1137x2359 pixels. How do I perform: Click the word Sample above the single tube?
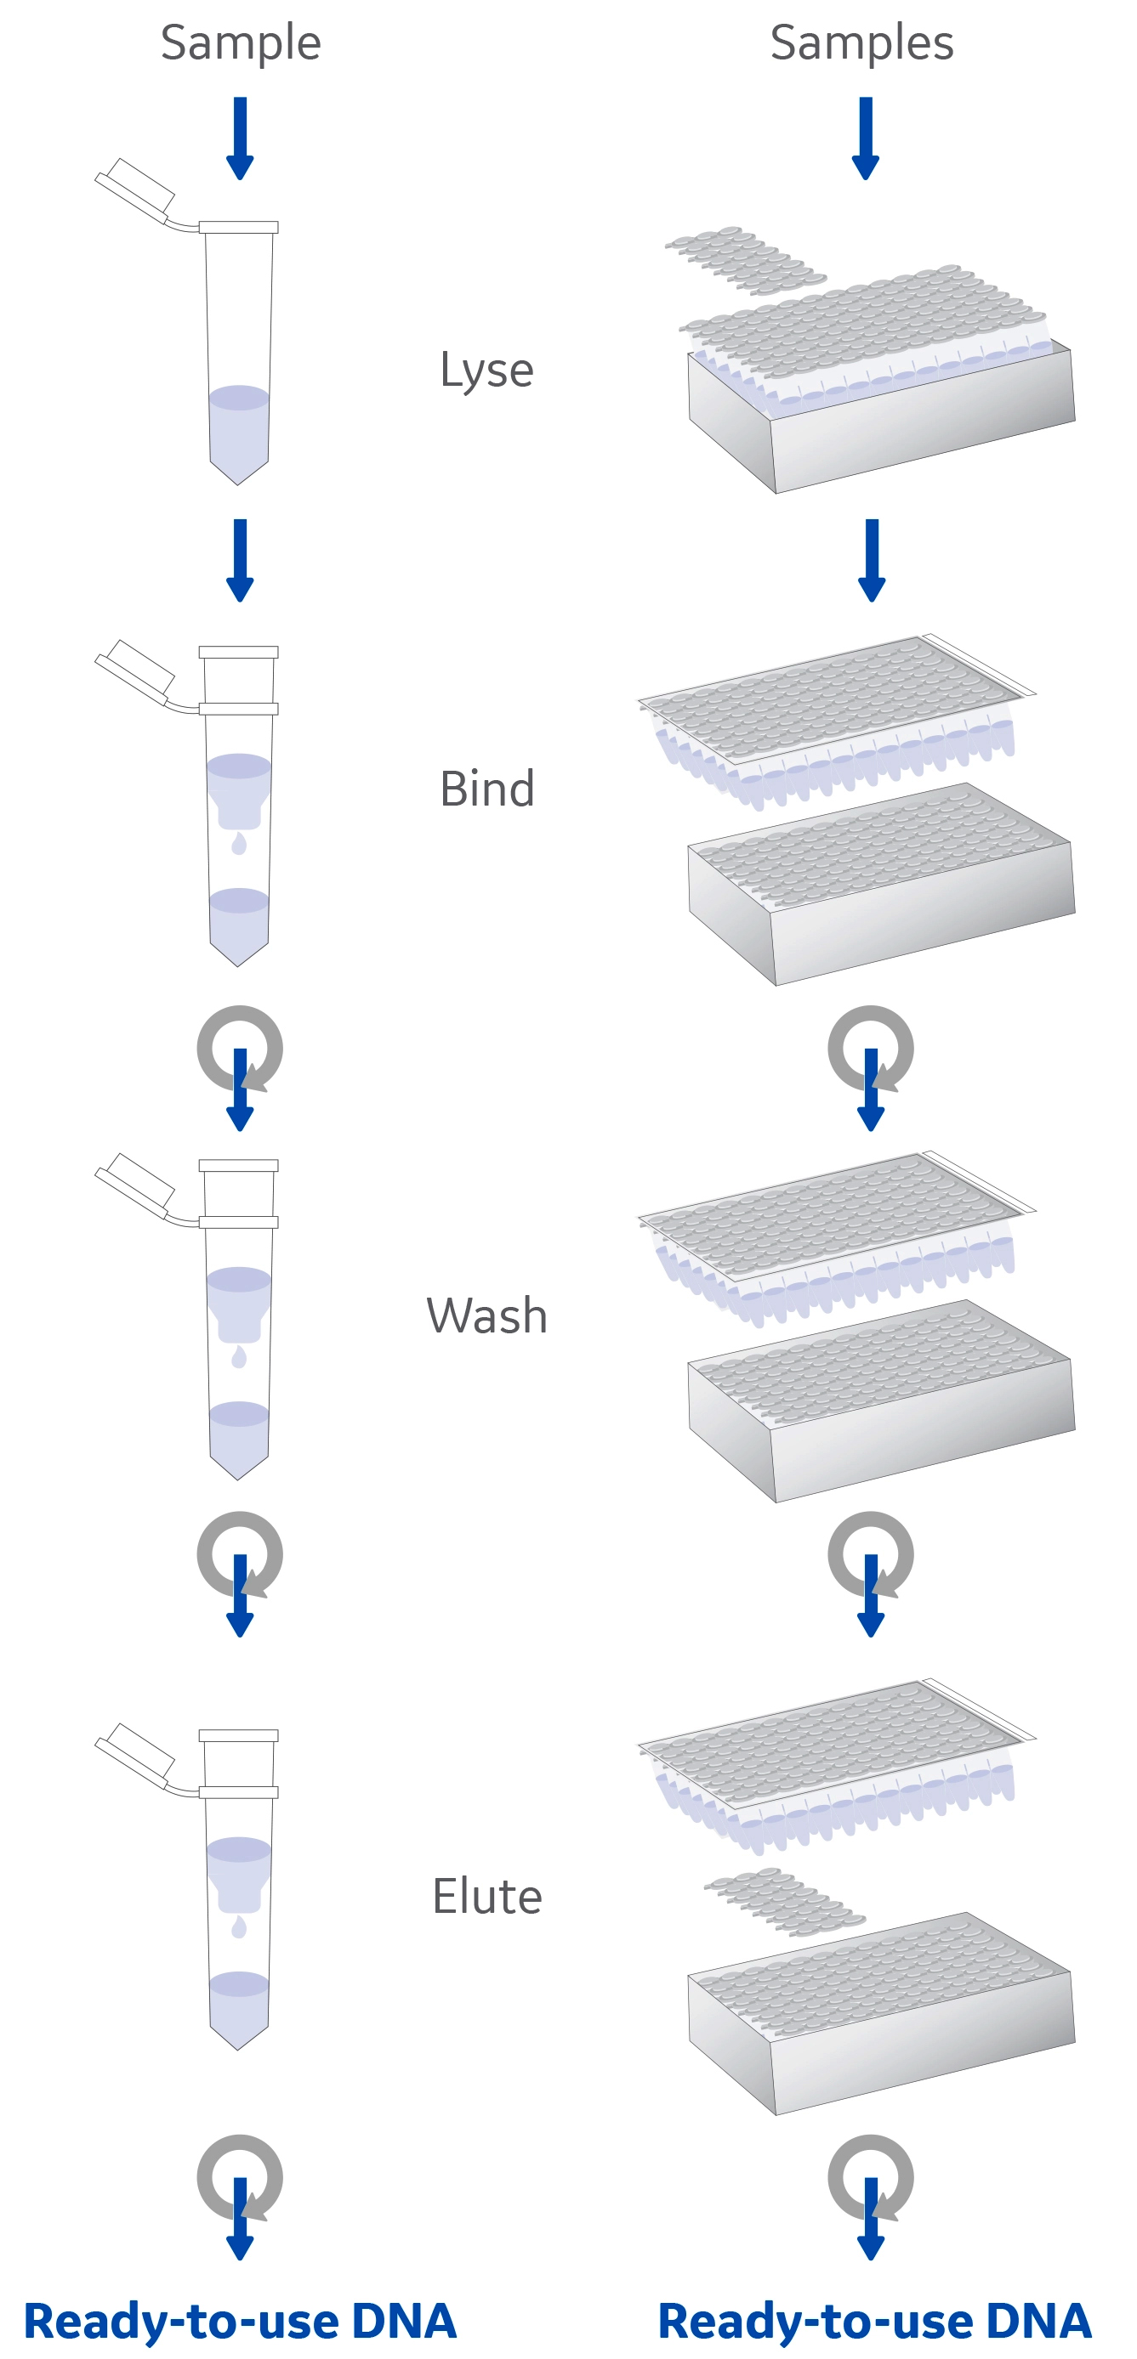pos(240,43)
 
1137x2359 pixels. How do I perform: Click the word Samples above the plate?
pos(861,43)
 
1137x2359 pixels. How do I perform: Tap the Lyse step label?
pos(486,370)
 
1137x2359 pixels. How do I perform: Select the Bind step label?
pos(486,789)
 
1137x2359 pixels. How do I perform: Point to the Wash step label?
pos(486,1316)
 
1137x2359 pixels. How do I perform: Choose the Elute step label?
pos(486,1896)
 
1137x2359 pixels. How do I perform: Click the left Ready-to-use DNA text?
pos(240,2321)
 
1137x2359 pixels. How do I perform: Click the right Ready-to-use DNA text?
pos(874,2321)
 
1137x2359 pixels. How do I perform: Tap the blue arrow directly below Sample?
pos(240,138)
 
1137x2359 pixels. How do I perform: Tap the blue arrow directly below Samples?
pos(866,138)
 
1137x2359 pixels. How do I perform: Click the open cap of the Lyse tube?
pos(135,190)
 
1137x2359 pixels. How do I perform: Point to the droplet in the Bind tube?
pos(239,844)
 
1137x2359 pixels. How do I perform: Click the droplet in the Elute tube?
pos(239,1926)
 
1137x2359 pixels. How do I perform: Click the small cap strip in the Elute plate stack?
pos(783,1901)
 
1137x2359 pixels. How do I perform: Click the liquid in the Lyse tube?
pos(239,430)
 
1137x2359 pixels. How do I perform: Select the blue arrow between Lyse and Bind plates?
pos(872,558)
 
